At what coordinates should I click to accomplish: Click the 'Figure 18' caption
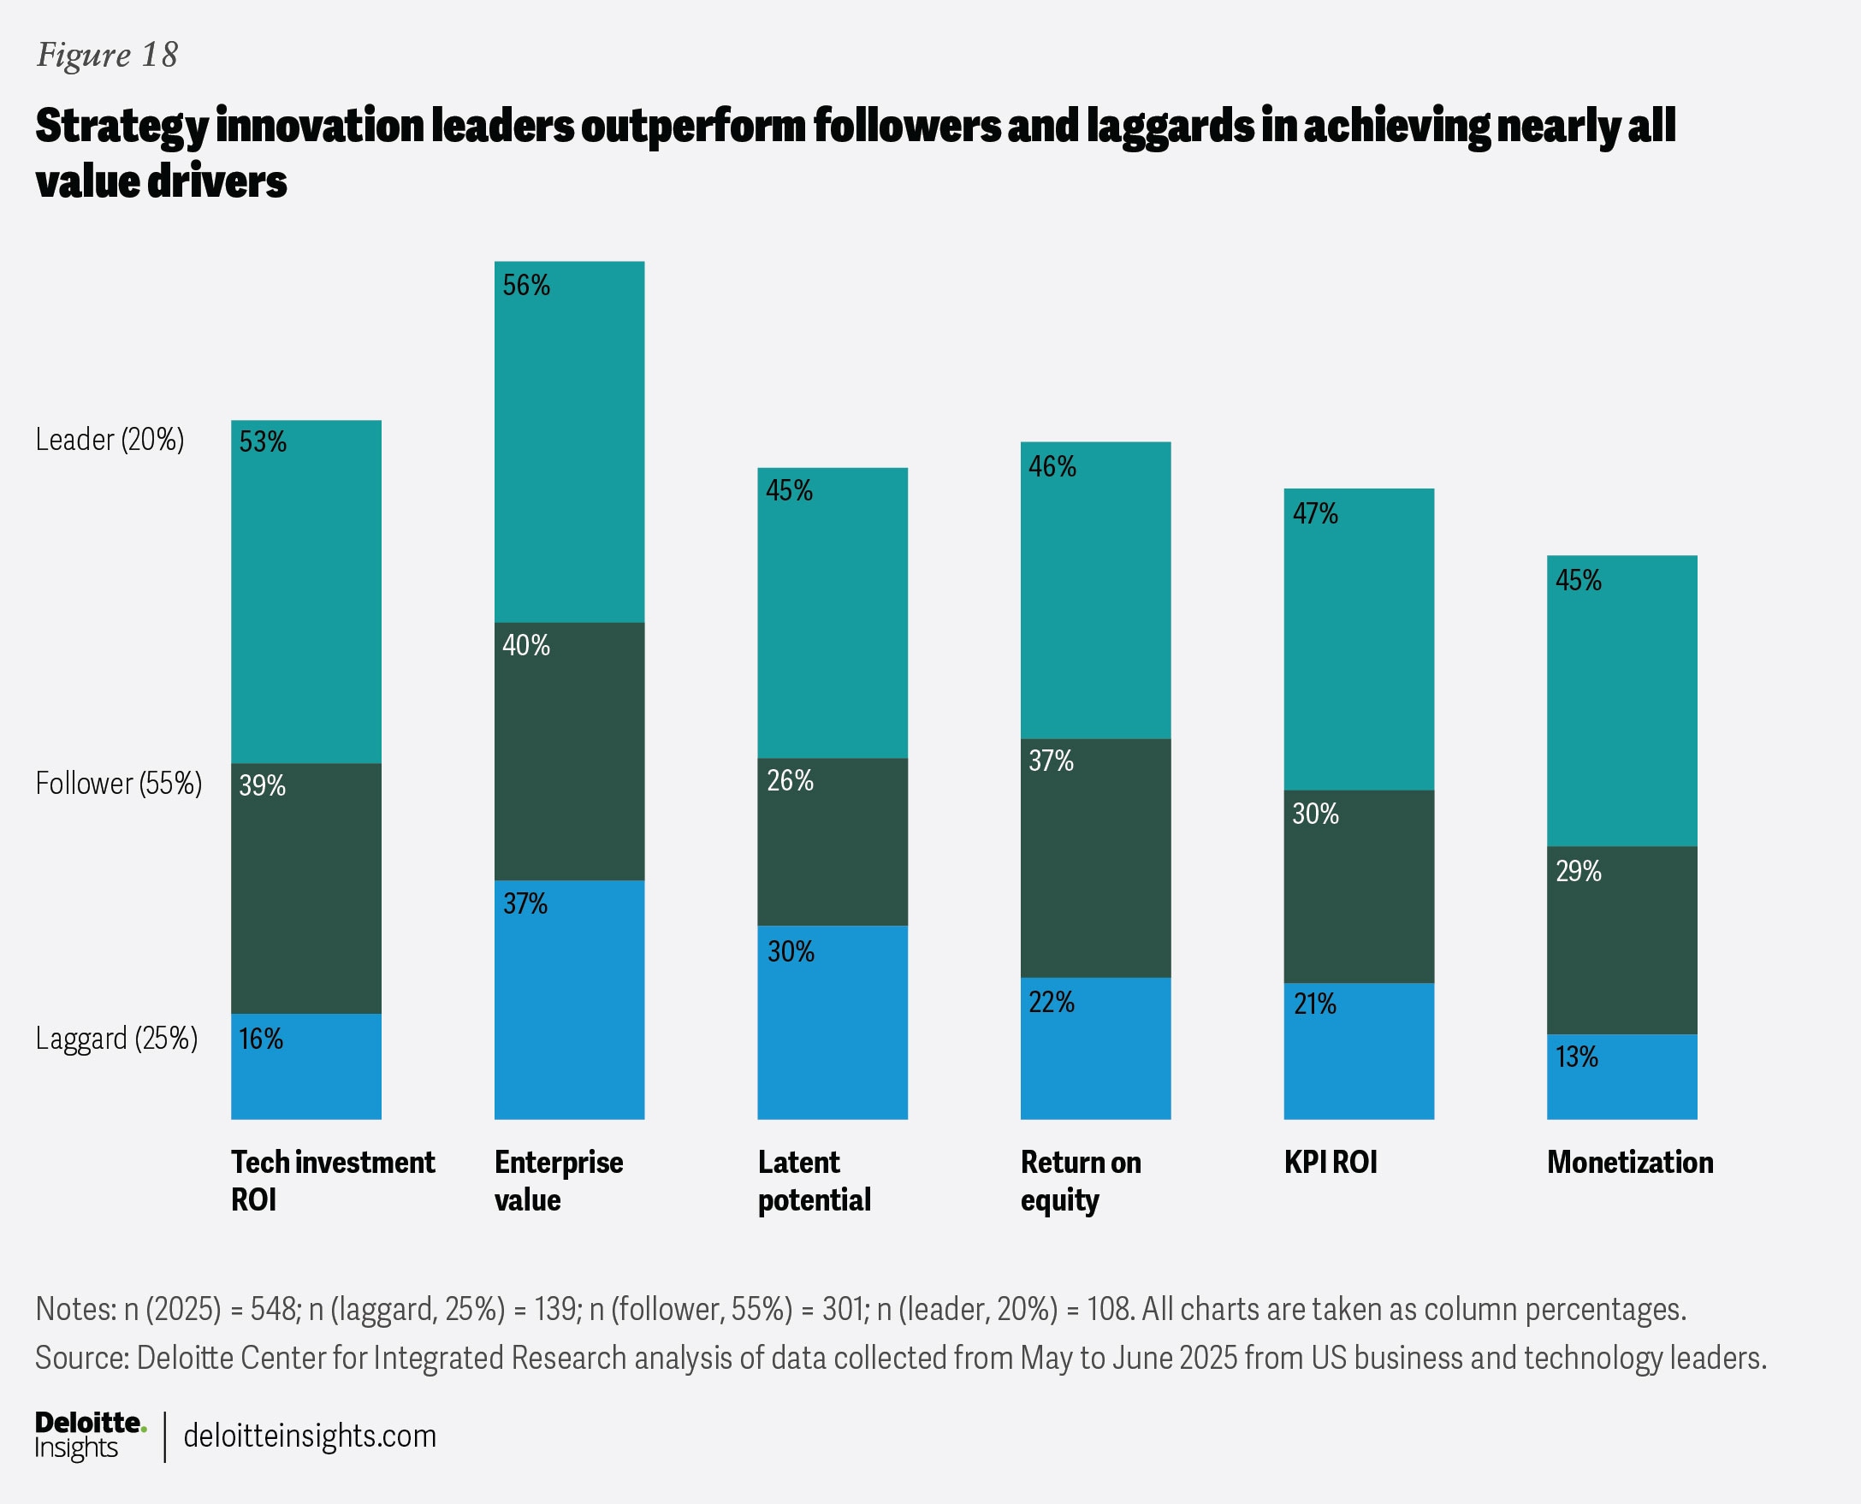click(107, 55)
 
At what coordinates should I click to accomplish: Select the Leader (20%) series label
click(110, 439)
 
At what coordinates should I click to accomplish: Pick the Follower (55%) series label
click(119, 783)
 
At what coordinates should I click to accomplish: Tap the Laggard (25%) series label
click(117, 1038)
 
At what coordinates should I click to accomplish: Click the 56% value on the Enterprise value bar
click(526, 285)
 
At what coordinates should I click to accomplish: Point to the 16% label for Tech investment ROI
click(261, 1039)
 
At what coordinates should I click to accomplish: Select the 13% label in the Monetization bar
click(1576, 1057)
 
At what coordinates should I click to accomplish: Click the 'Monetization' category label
click(1630, 1162)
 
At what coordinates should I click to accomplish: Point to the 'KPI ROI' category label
click(1330, 1162)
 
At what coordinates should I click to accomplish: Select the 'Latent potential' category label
click(814, 1180)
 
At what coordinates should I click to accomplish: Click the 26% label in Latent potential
click(789, 780)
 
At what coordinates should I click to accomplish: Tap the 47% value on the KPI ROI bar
click(1314, 514)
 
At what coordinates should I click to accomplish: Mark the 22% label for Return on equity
click(1051, 1003)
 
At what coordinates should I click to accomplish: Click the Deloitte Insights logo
click(90, 1436)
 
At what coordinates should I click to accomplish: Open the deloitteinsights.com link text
click(309, 1436)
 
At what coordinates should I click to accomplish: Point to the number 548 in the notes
click(275, 1308)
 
